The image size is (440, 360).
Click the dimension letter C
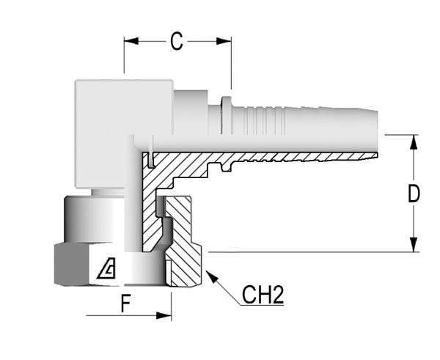coord(177,41)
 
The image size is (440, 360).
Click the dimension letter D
coord(414,194)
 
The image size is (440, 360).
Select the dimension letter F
coord(125,304)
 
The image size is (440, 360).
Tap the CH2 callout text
coord(263,295)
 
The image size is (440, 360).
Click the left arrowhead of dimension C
coord(131,41)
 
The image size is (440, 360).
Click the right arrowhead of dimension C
coord(224,41)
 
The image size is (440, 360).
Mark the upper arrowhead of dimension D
coord(414,142)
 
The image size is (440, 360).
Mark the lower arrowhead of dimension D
coord(414,245)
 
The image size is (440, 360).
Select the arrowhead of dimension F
coord(164,315)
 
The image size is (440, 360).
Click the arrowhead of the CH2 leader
coord(212,276)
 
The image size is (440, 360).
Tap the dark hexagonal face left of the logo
coord(72,265)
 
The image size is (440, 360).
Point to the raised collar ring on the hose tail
coord(226,115)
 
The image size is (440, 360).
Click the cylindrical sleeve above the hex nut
coord(94,218)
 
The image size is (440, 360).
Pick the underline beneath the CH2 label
coord(262,305)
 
